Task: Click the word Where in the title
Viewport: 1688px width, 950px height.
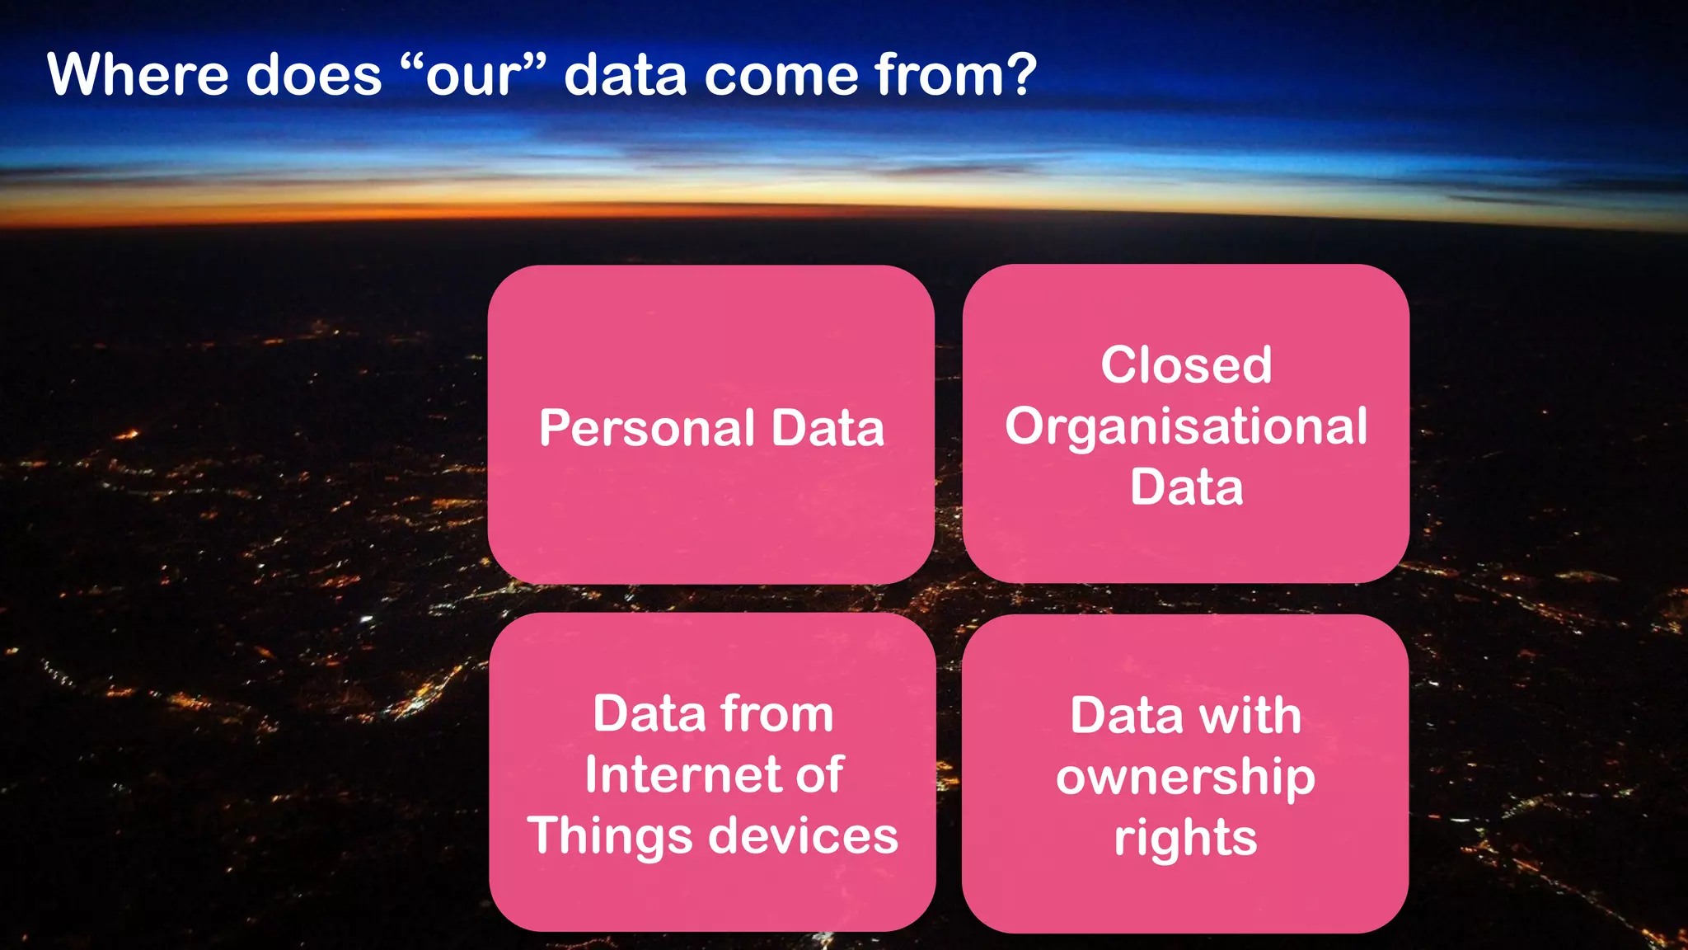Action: [138, 75]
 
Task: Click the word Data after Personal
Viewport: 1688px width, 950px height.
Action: [828, 429]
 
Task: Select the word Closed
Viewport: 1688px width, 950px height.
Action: [1186, 364]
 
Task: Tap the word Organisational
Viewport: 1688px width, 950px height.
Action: [1186, 427]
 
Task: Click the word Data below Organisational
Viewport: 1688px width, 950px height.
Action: [1186, 487]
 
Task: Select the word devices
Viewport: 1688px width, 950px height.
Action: [804, 836]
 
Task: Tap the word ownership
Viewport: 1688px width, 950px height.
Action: [1185, 778]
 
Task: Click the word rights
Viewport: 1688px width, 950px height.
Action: [1185, 839]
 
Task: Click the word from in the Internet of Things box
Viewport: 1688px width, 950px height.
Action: [776, 713]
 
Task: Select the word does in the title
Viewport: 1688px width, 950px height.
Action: [314, 75]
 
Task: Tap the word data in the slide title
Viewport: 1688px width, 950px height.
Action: [625, 75]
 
